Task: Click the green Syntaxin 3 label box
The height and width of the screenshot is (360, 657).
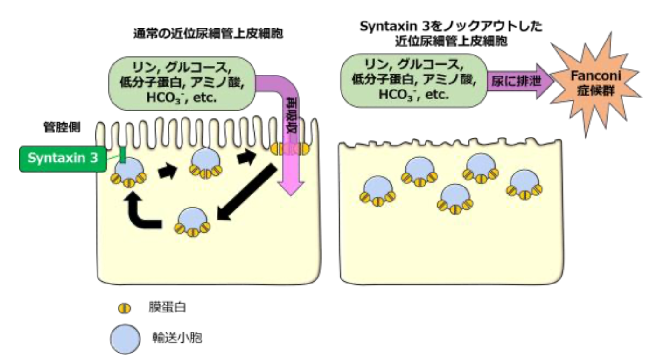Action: [x=62, y=159]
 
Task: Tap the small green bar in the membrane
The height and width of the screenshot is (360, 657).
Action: [x=122, y=154]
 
